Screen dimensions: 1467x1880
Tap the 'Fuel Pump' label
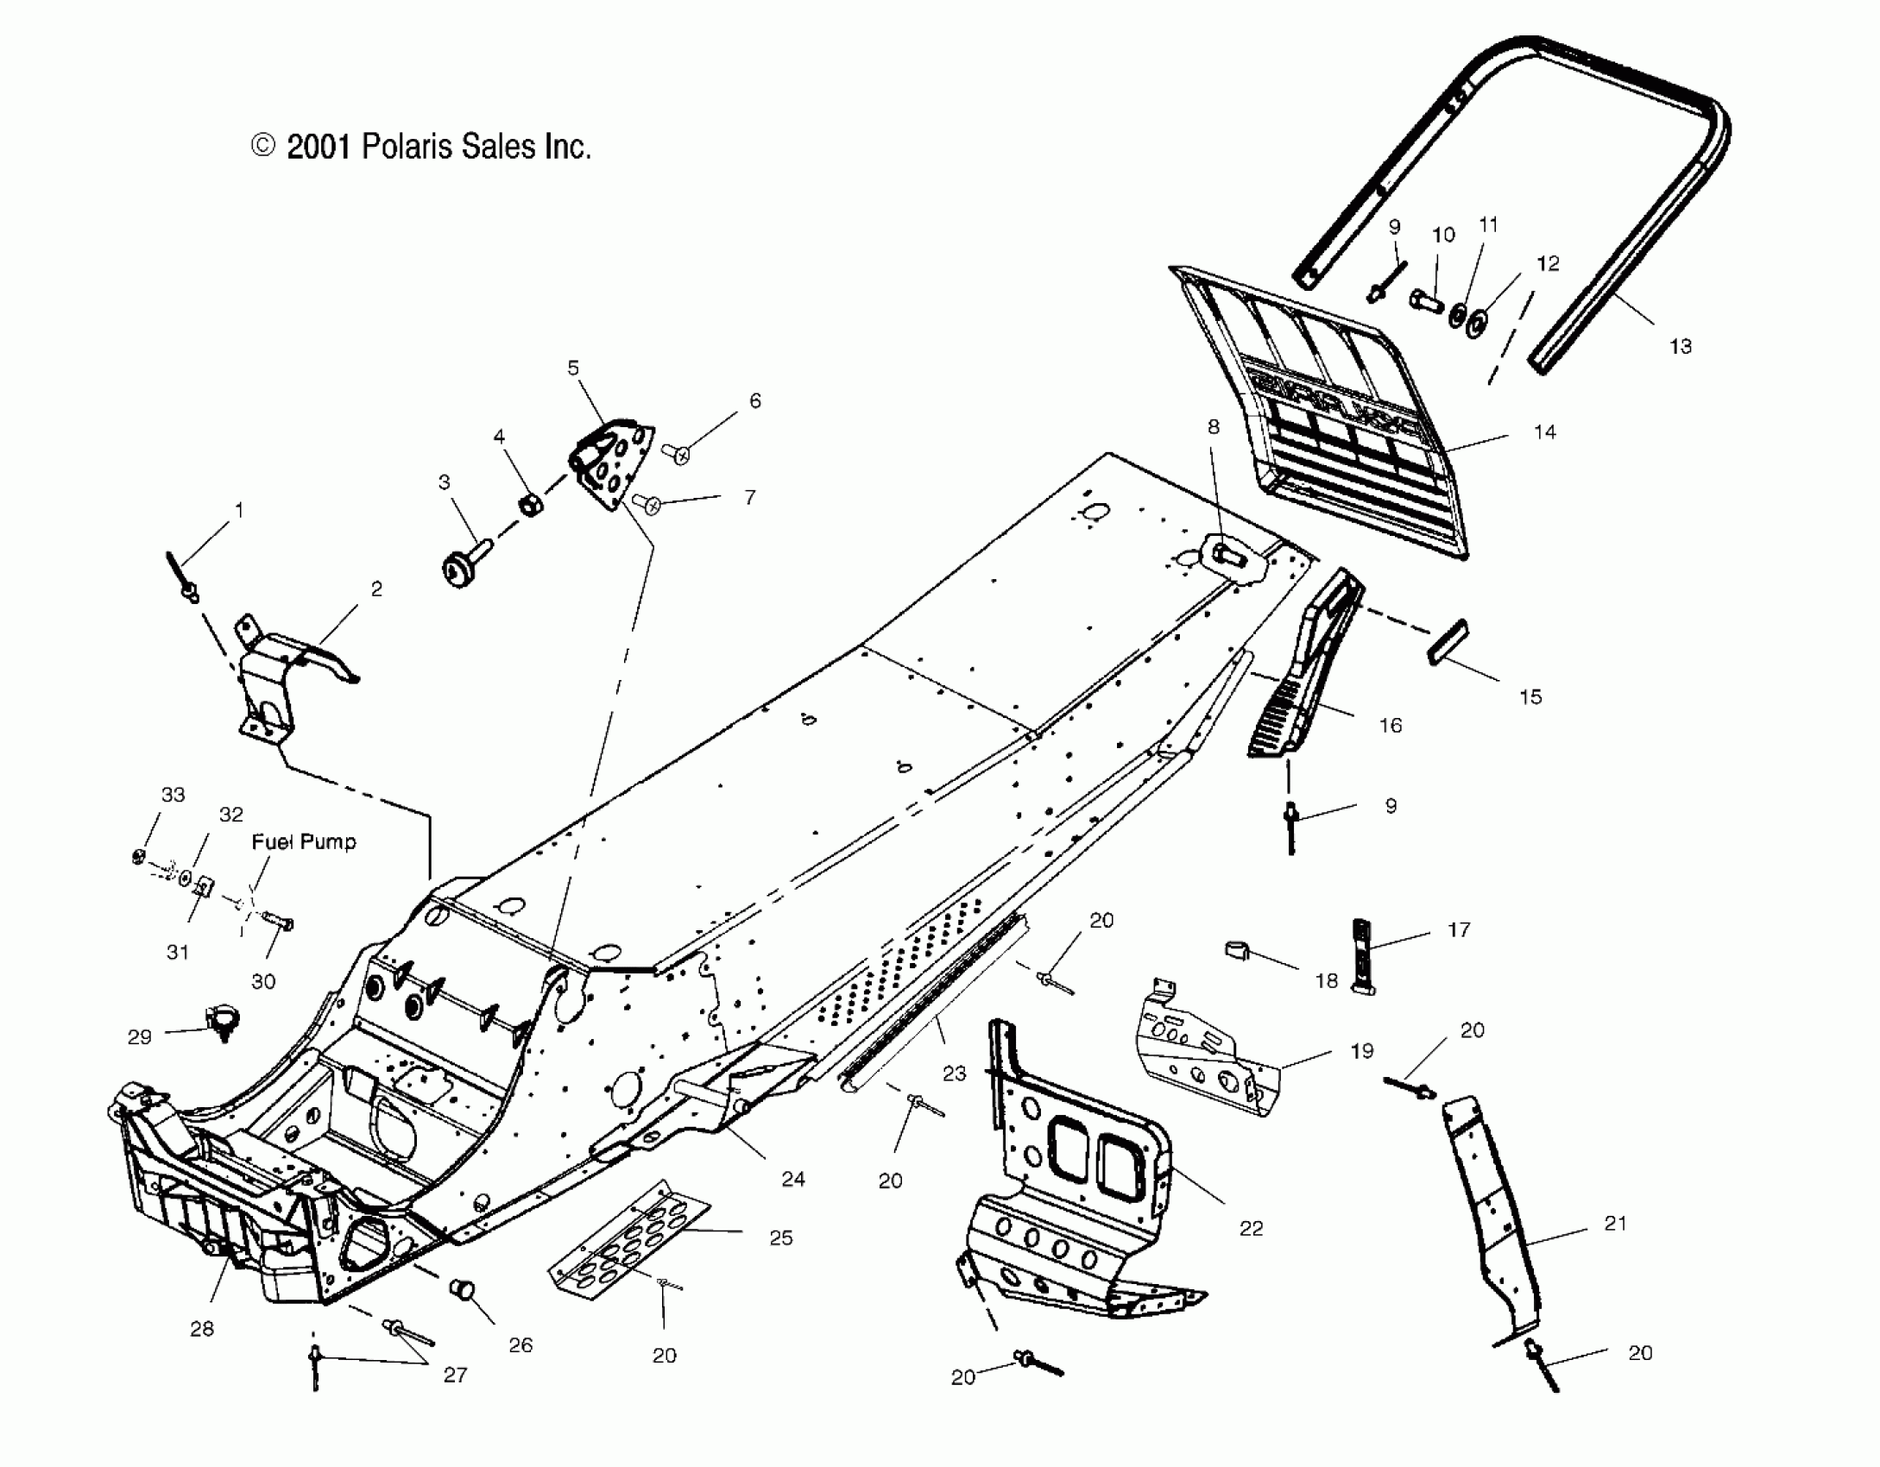point(304,841)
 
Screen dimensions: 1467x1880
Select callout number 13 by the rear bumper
point(1680,346)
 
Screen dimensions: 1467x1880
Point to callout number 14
point(1544,431)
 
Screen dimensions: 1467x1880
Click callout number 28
point(201,1329)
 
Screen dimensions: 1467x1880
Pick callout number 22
point(1251,1228)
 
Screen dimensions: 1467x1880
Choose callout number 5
point(573,368)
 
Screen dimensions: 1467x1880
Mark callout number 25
point(780,1237)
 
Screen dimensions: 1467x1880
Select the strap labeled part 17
point(1361,957)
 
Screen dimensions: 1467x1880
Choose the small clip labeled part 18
point(1238,951)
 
